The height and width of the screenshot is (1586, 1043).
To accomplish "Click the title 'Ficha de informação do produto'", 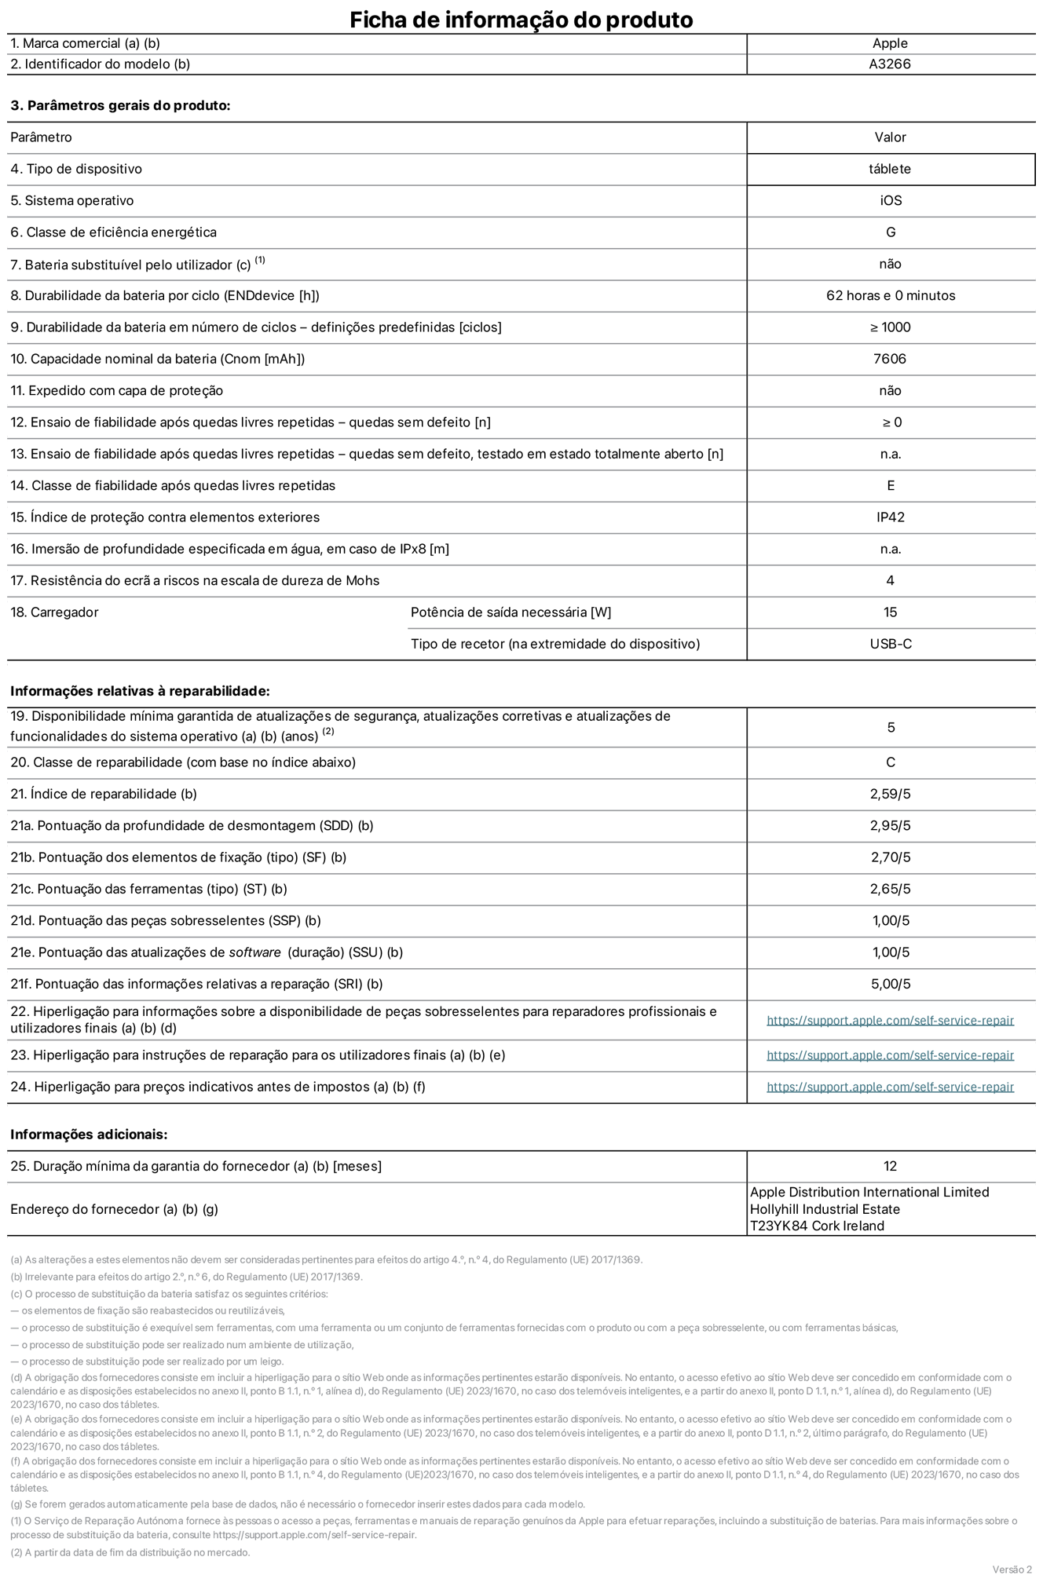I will [521, 20].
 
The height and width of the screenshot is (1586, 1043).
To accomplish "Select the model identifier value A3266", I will [890, 64].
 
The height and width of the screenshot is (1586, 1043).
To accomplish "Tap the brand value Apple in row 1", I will [890, 43].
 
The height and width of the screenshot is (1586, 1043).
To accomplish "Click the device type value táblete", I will [890, 169].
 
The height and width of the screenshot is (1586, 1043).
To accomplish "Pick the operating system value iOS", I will [891, 201].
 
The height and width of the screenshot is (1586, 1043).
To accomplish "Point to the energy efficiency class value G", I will [891, 232].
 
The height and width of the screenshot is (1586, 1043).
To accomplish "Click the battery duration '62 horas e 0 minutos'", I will [891, 296].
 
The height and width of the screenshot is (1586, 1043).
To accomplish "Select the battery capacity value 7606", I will [890, 359].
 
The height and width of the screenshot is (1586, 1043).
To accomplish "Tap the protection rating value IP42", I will [891, 517].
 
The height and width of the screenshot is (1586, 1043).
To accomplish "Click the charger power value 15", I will [890, 612].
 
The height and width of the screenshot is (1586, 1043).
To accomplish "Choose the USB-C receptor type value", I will [891, 644].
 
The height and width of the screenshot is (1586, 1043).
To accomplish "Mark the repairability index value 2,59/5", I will [891, 794].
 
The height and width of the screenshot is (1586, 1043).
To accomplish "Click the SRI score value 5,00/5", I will [891, 984].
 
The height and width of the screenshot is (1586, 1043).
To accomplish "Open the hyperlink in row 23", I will [890, 1055].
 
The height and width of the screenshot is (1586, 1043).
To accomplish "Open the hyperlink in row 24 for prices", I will [890, 1087].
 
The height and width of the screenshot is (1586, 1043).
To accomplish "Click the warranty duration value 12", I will [890, 1166].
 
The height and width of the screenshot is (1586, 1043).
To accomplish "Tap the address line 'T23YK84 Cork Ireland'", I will [817, 1226].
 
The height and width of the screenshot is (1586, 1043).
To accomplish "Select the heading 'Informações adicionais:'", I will [89, 1135].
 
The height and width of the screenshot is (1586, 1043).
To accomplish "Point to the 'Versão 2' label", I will [1012, 1570].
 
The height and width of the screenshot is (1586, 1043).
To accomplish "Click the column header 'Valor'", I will [890, 137].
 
